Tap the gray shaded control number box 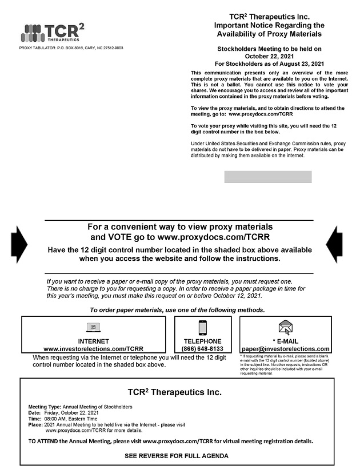tap(268, 177)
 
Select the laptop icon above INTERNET tap(93, 328)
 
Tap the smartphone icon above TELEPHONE tap(202, 328)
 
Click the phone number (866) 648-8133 tap(202, 349)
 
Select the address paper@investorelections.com tap(285, 349)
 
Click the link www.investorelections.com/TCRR tap(93, 349)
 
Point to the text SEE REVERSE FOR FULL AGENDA tap(177, 456)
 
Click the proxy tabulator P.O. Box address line tap(71, 48)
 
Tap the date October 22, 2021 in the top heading tap(269, 56)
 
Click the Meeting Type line tap(80, 407)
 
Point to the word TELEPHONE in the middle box tap(202, 341)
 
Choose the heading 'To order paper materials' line tap(177, 310)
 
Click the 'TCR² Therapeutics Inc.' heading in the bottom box tap(174, 392)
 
